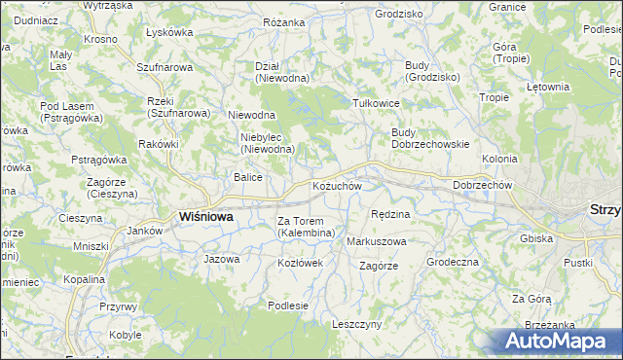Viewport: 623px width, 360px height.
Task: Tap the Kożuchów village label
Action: [337, 186]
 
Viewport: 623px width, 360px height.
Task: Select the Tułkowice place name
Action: [377, 101]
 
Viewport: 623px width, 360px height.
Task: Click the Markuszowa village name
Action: [376, 240]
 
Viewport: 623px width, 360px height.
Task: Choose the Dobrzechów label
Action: [476, 185]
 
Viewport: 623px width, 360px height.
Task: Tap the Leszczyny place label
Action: [356, 324]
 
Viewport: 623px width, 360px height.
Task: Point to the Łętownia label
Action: [547, 87]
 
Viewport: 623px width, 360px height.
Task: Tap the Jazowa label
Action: [221, 260]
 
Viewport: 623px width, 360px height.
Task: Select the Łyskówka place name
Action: [169, 31]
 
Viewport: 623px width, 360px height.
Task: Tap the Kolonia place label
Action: [499, 158]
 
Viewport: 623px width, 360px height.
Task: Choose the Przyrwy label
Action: [118, 306]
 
